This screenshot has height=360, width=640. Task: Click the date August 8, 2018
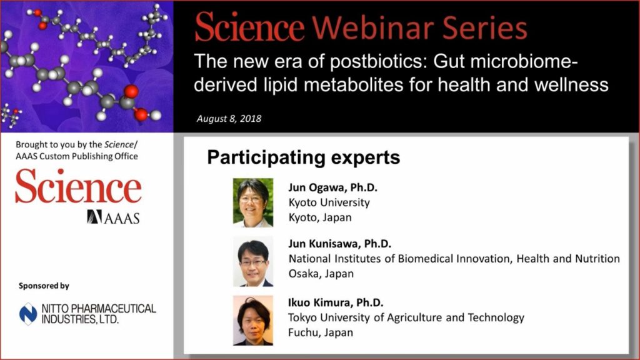229,119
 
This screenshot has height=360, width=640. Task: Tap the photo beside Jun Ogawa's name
253,202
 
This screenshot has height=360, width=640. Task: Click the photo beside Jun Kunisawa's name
253,261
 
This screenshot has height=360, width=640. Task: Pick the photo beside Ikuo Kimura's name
253,321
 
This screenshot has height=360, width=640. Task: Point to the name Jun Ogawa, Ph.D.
332,187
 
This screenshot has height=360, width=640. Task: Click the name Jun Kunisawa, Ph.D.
339,244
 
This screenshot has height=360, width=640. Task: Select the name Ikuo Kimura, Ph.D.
336,302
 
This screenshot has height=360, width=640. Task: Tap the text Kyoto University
329,203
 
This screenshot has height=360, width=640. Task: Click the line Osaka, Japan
321,274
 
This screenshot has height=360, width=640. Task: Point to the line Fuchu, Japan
321,332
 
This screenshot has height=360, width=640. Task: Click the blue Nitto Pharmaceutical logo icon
28,314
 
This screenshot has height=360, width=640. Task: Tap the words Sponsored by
44,286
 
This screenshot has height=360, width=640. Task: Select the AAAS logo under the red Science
113,217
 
